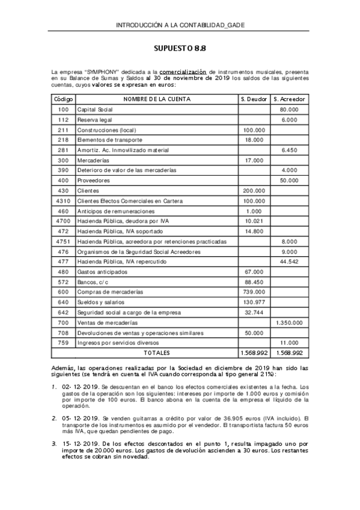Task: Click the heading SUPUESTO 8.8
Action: tap(180, 48)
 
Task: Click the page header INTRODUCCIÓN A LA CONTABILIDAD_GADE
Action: tap(180, 25)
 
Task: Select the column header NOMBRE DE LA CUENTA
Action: tap(157, 99)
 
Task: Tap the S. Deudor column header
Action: tap(254, 99)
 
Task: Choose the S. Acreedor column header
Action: tap(288, 99)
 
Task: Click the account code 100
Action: tap(64, 109)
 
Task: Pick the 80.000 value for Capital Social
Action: tap(288, 109)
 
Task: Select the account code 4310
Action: tap(64, 201)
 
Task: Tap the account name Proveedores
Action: tap(94, 180)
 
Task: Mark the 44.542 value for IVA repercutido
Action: tap(288, 262)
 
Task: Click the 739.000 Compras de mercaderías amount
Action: tap(254, 292)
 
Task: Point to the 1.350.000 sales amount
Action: tap(288, 322)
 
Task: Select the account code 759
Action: tap(64, 343)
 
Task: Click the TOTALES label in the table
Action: tap(157, 353)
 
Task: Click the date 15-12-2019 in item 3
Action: tap(82, 443)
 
